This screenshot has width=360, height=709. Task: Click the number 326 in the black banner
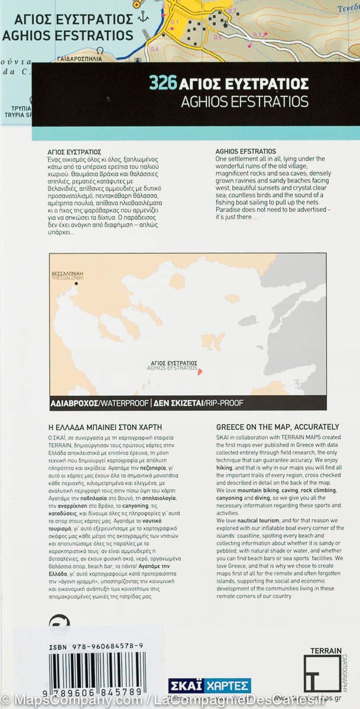point(163,83)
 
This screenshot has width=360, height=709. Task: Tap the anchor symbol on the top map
point(142,17)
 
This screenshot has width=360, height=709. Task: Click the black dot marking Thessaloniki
point(76,284)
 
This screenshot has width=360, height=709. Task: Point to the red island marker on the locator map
point(200,372)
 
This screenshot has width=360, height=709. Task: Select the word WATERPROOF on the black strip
point(124,404)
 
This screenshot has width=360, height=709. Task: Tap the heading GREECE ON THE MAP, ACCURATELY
point(277,427)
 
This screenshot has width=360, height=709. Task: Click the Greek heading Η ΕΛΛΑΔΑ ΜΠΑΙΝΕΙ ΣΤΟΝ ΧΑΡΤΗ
point(104,427)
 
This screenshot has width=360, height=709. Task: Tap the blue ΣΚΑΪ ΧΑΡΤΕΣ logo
point(209,686)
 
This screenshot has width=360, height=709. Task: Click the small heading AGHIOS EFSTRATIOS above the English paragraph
point(246,151)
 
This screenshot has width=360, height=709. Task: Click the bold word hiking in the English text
point(225,467)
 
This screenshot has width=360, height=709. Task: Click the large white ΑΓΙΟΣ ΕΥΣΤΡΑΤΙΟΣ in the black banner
point(244,83)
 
